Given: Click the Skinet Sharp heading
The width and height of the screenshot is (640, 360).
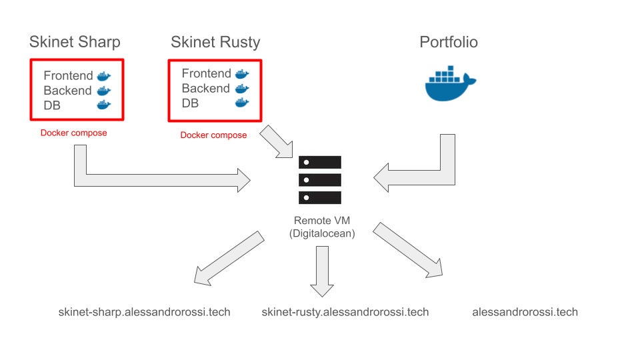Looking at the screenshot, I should tap(75, 43).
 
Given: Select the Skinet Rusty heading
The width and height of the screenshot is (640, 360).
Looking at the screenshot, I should tap(215, 43).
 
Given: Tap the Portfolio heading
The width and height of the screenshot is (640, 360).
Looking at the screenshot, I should tap(449, 43).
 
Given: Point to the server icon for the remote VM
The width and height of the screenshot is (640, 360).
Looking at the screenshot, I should tap(320, 180).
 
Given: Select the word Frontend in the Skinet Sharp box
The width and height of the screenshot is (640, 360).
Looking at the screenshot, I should tap(68, 76).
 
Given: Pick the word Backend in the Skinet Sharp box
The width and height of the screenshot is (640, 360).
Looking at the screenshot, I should tap(67, 91).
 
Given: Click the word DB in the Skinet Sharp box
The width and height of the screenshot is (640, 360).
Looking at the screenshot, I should tap(52, 105).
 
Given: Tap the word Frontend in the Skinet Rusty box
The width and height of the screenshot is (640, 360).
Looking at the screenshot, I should tap(206, 73).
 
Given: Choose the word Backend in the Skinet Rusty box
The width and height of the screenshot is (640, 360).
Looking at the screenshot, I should tap(205, 89).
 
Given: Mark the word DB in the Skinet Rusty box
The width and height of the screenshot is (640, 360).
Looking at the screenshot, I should tap(190, 103).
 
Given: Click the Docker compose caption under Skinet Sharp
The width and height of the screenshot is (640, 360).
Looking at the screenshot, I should tap(73, 133).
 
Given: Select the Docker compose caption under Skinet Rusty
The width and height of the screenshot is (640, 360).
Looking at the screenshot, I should tap(213, 135).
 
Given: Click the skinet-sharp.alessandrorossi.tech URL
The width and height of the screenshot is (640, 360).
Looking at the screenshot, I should tap(144, 312).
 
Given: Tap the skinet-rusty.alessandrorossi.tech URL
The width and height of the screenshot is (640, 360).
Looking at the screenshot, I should tap(345, 312).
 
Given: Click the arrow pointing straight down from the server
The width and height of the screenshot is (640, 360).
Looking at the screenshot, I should tap(323, 269).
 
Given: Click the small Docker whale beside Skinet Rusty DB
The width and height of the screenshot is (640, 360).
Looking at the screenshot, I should tap(242, 103).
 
